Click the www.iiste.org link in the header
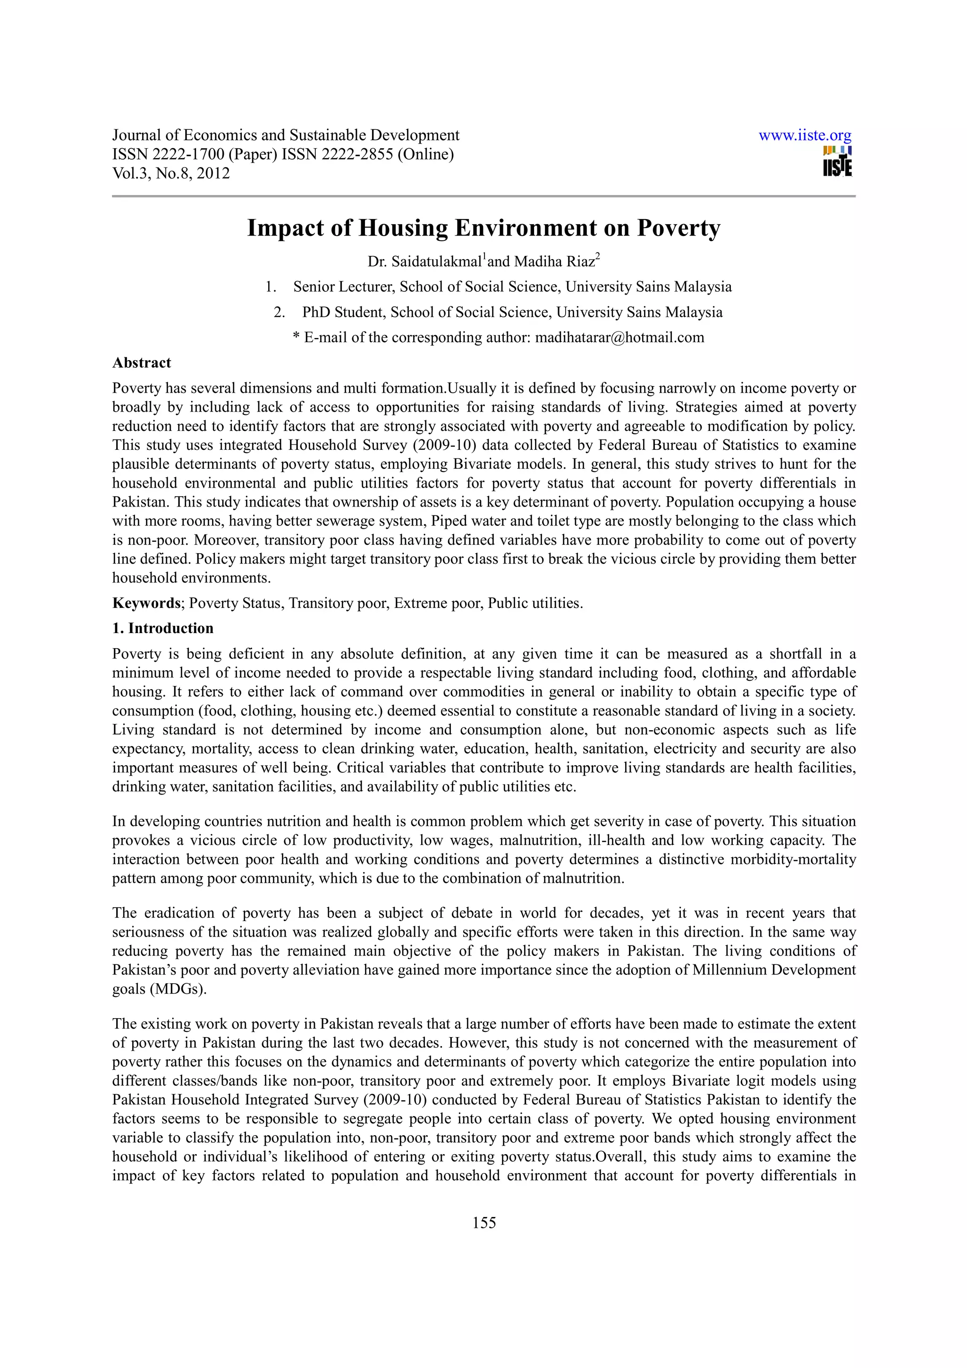pyautogui.click(x=805, y=135)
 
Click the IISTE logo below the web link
pyautogui.click(x=837, y=161)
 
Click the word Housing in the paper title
pyautogui.click(x=403, y=228)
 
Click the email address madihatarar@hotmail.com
pyautogui.click(x=619, y=338)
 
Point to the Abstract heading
pyautogui.click(x=142, y=363)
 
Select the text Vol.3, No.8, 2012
pyautogui.click(x=171, y=173)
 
